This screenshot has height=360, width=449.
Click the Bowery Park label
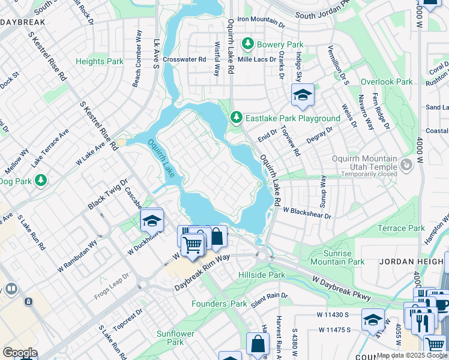point(280,44)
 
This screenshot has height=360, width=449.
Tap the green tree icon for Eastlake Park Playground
point(237,118)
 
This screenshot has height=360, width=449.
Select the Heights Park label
point(100,61)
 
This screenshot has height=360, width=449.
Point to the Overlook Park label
point(387,82)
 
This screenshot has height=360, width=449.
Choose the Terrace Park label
point(401,228)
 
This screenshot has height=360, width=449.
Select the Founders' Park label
point(219,304)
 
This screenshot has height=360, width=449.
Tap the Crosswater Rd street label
point(184,59)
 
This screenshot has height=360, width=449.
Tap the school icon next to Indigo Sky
point(303,94)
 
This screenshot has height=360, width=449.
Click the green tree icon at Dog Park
point(41,180)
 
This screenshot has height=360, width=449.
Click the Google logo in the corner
point(20,353)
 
